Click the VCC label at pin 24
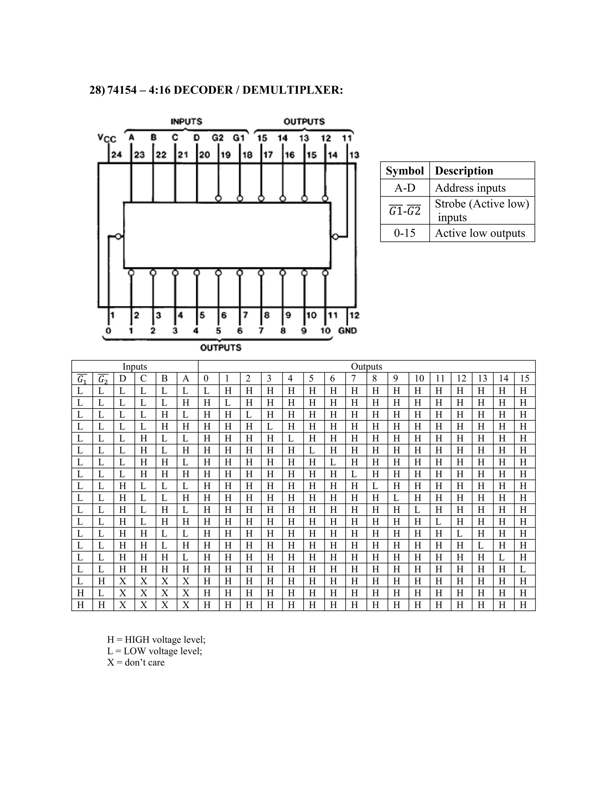(x=107, y=138)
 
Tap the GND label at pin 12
(x=347, y=331)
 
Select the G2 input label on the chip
(x=218, y=138)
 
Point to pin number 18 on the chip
(x=247, y=155)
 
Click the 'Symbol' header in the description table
(x=405, y=171)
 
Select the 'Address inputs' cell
(x=470, y=188)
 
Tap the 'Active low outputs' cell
(x=480, y=233)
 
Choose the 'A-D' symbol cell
(x=405, y=188)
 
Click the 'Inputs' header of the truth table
(x=135, y=367)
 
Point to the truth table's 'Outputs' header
(x=366, y=367)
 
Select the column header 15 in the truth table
(x=524, y=379)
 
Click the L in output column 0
(x=206, y=391)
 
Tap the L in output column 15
(x=523, y=569)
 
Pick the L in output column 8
(x=375, y=486)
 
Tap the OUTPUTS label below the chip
(x=221, y=347)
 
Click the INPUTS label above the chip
(x=186, y=121)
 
